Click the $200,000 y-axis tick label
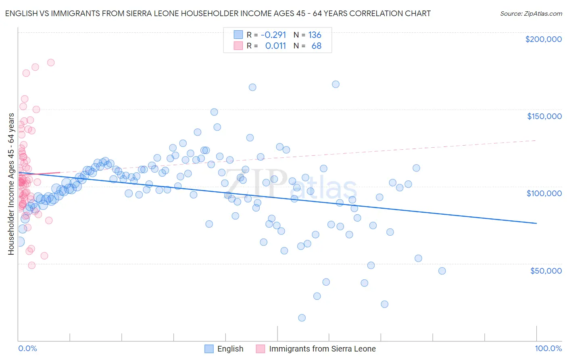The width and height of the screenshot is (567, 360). [x=543, y=39]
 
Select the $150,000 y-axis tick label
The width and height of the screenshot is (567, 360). [x=544, y=116]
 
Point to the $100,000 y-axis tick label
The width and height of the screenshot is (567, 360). [x=544, y=193]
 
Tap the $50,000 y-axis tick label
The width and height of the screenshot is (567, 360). [x=546, y=270]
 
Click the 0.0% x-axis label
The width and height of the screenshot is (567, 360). [x=27, y=348]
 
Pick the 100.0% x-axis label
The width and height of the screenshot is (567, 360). [x=548, y=348]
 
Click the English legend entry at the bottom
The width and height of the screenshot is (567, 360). [x=230, y=349]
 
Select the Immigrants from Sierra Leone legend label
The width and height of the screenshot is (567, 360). [x=322, y=349]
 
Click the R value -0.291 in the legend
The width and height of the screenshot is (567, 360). [x=273, y=35]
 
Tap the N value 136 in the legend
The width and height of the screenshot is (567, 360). [x=315, y=35]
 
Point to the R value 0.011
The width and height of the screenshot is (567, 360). [x=275, y=46]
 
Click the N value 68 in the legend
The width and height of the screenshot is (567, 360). [x=316, y=46]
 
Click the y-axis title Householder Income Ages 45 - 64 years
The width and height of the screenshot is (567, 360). [x=11, y=184]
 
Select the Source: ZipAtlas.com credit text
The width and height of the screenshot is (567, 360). [x=531, y=13]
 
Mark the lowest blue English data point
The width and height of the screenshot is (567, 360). [x=302, y=318]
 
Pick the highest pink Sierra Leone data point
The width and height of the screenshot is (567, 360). [x=51, y=63]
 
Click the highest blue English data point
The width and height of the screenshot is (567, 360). [x=336, y=84]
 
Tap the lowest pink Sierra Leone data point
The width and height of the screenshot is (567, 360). [x=31, y=265]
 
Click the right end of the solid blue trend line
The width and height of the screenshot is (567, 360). [x=536, y=223]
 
